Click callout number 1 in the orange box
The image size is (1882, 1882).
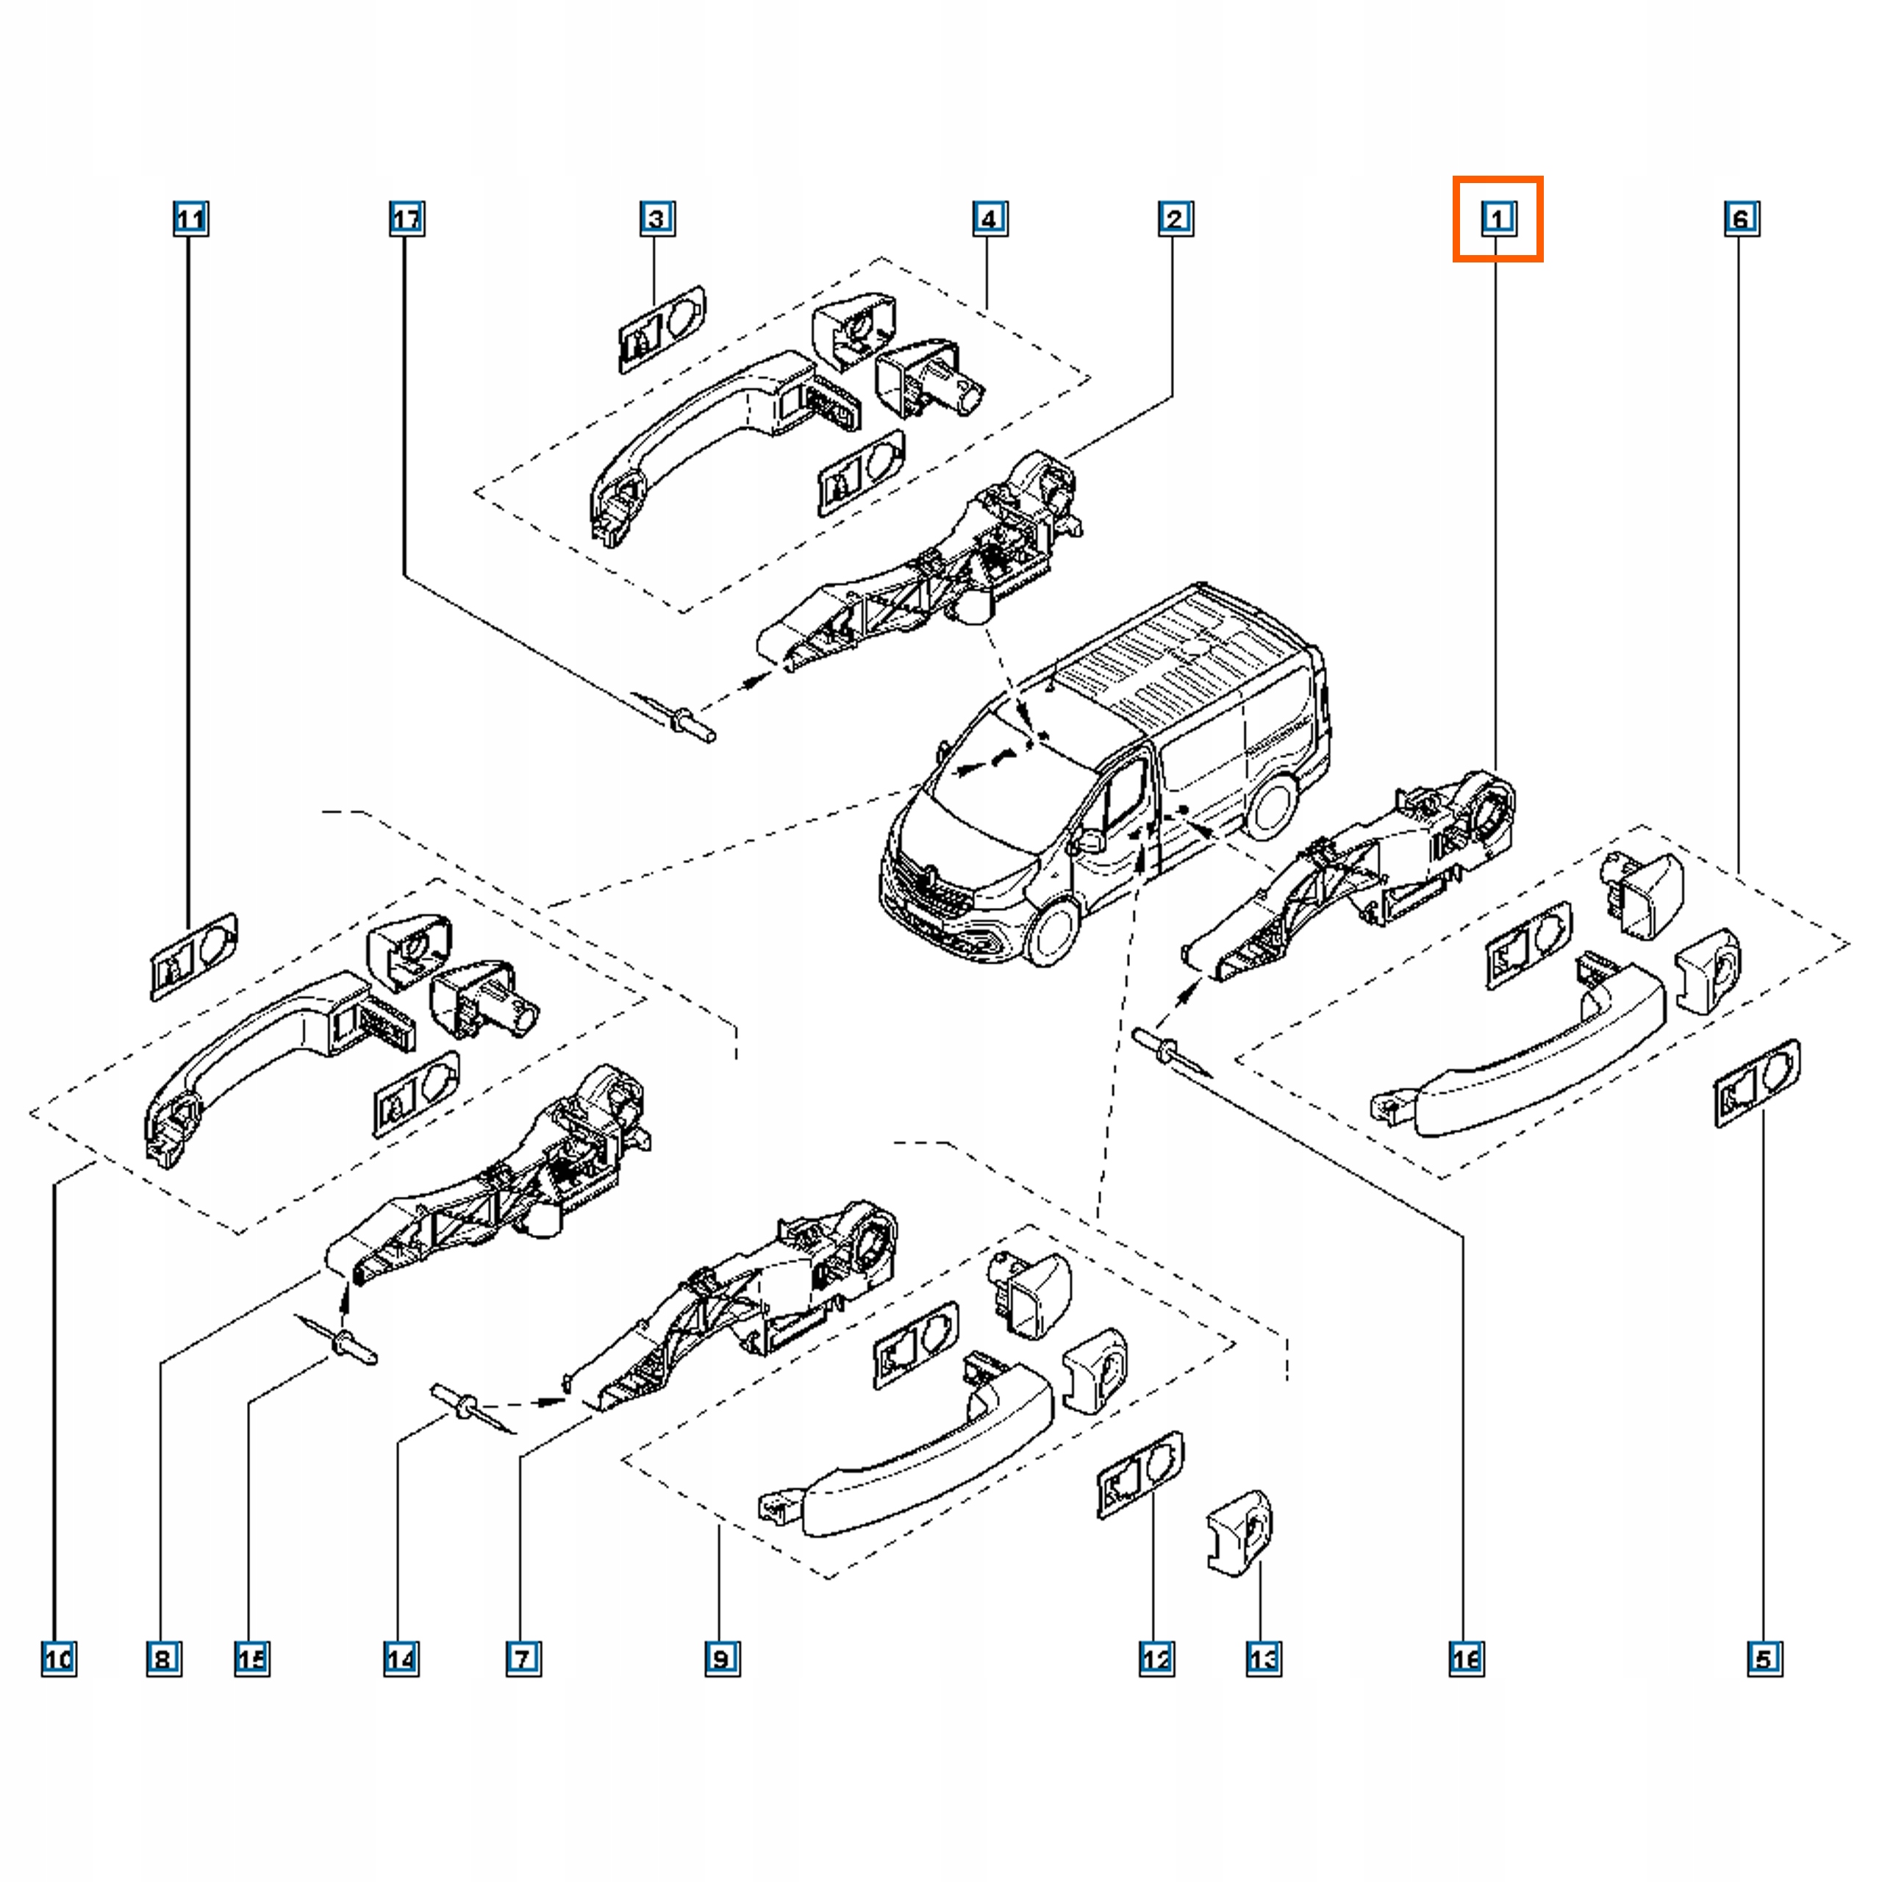[x=1498, y=218]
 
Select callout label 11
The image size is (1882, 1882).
[x=190, y=218]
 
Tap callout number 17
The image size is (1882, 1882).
[x=407, y=218]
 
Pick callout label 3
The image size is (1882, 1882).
[x=656, y=218]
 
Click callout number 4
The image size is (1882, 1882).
[x=990, y=218]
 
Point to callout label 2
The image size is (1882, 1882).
[x=1175, y=218]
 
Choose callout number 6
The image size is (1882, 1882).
[x=1741, y=218]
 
